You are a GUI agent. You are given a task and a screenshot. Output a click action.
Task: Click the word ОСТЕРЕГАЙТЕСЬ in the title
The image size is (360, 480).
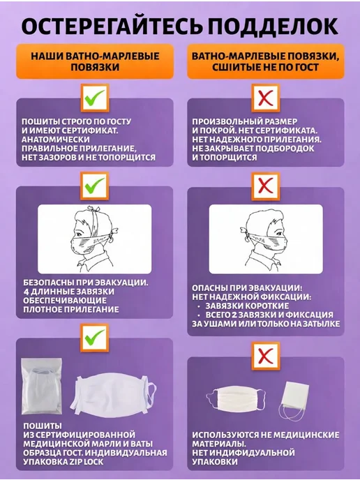click(x=112, y=26)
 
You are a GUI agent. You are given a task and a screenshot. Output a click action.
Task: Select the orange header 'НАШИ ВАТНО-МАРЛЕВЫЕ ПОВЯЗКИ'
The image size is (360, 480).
click(x=95, y=61)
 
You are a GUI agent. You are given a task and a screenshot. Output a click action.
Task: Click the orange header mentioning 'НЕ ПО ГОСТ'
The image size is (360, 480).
click(x=266, y=61)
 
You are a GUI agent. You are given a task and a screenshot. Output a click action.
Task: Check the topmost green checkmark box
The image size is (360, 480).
click(x=95, y=98)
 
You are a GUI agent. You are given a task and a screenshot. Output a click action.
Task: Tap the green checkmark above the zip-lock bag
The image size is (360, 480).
click(x=95, y=338)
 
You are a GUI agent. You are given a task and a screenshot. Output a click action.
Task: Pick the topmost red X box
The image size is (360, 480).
click(x=266, y=98)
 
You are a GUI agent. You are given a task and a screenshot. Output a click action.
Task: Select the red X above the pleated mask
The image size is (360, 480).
click(x=266, y=356)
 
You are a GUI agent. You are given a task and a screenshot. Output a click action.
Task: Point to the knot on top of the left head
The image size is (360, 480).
click(x=93, y=209)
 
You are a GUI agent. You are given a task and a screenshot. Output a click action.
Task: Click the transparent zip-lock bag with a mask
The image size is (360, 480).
click(x=42, y=387)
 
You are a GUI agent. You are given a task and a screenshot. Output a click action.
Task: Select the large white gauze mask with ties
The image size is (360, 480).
click(x=113, y=395)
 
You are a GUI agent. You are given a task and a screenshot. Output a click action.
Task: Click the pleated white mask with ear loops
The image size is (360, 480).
click(x=236, y=398)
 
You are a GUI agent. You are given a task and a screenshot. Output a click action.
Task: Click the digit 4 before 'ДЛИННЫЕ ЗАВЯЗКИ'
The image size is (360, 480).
click(x=26, y=292)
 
